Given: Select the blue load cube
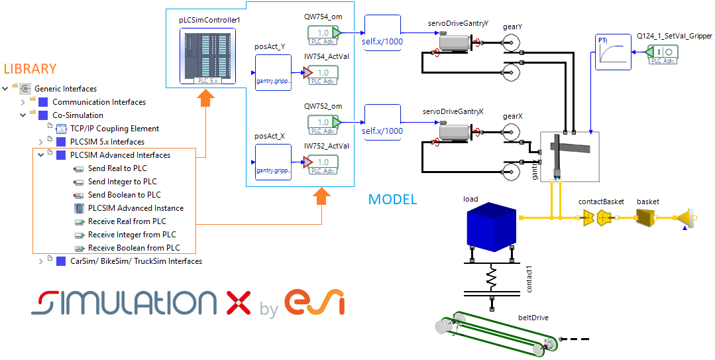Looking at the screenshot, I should (x=490, y=229).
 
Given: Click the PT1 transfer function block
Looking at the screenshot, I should (x=612, y=53).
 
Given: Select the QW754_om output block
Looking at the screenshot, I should (x=323, y=33).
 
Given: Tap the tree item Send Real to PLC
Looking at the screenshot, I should (x=117, y=168).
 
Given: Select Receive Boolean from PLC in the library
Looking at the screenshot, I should (x=134, y=248).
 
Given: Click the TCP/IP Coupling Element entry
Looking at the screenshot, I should (x=115, y=129).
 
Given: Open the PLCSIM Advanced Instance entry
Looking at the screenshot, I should (x=136, y=208).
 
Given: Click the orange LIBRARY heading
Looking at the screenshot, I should (x=30, y=69).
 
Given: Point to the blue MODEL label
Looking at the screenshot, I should (x=392, y=200).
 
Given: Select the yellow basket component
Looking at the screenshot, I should (x=647, y=217).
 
